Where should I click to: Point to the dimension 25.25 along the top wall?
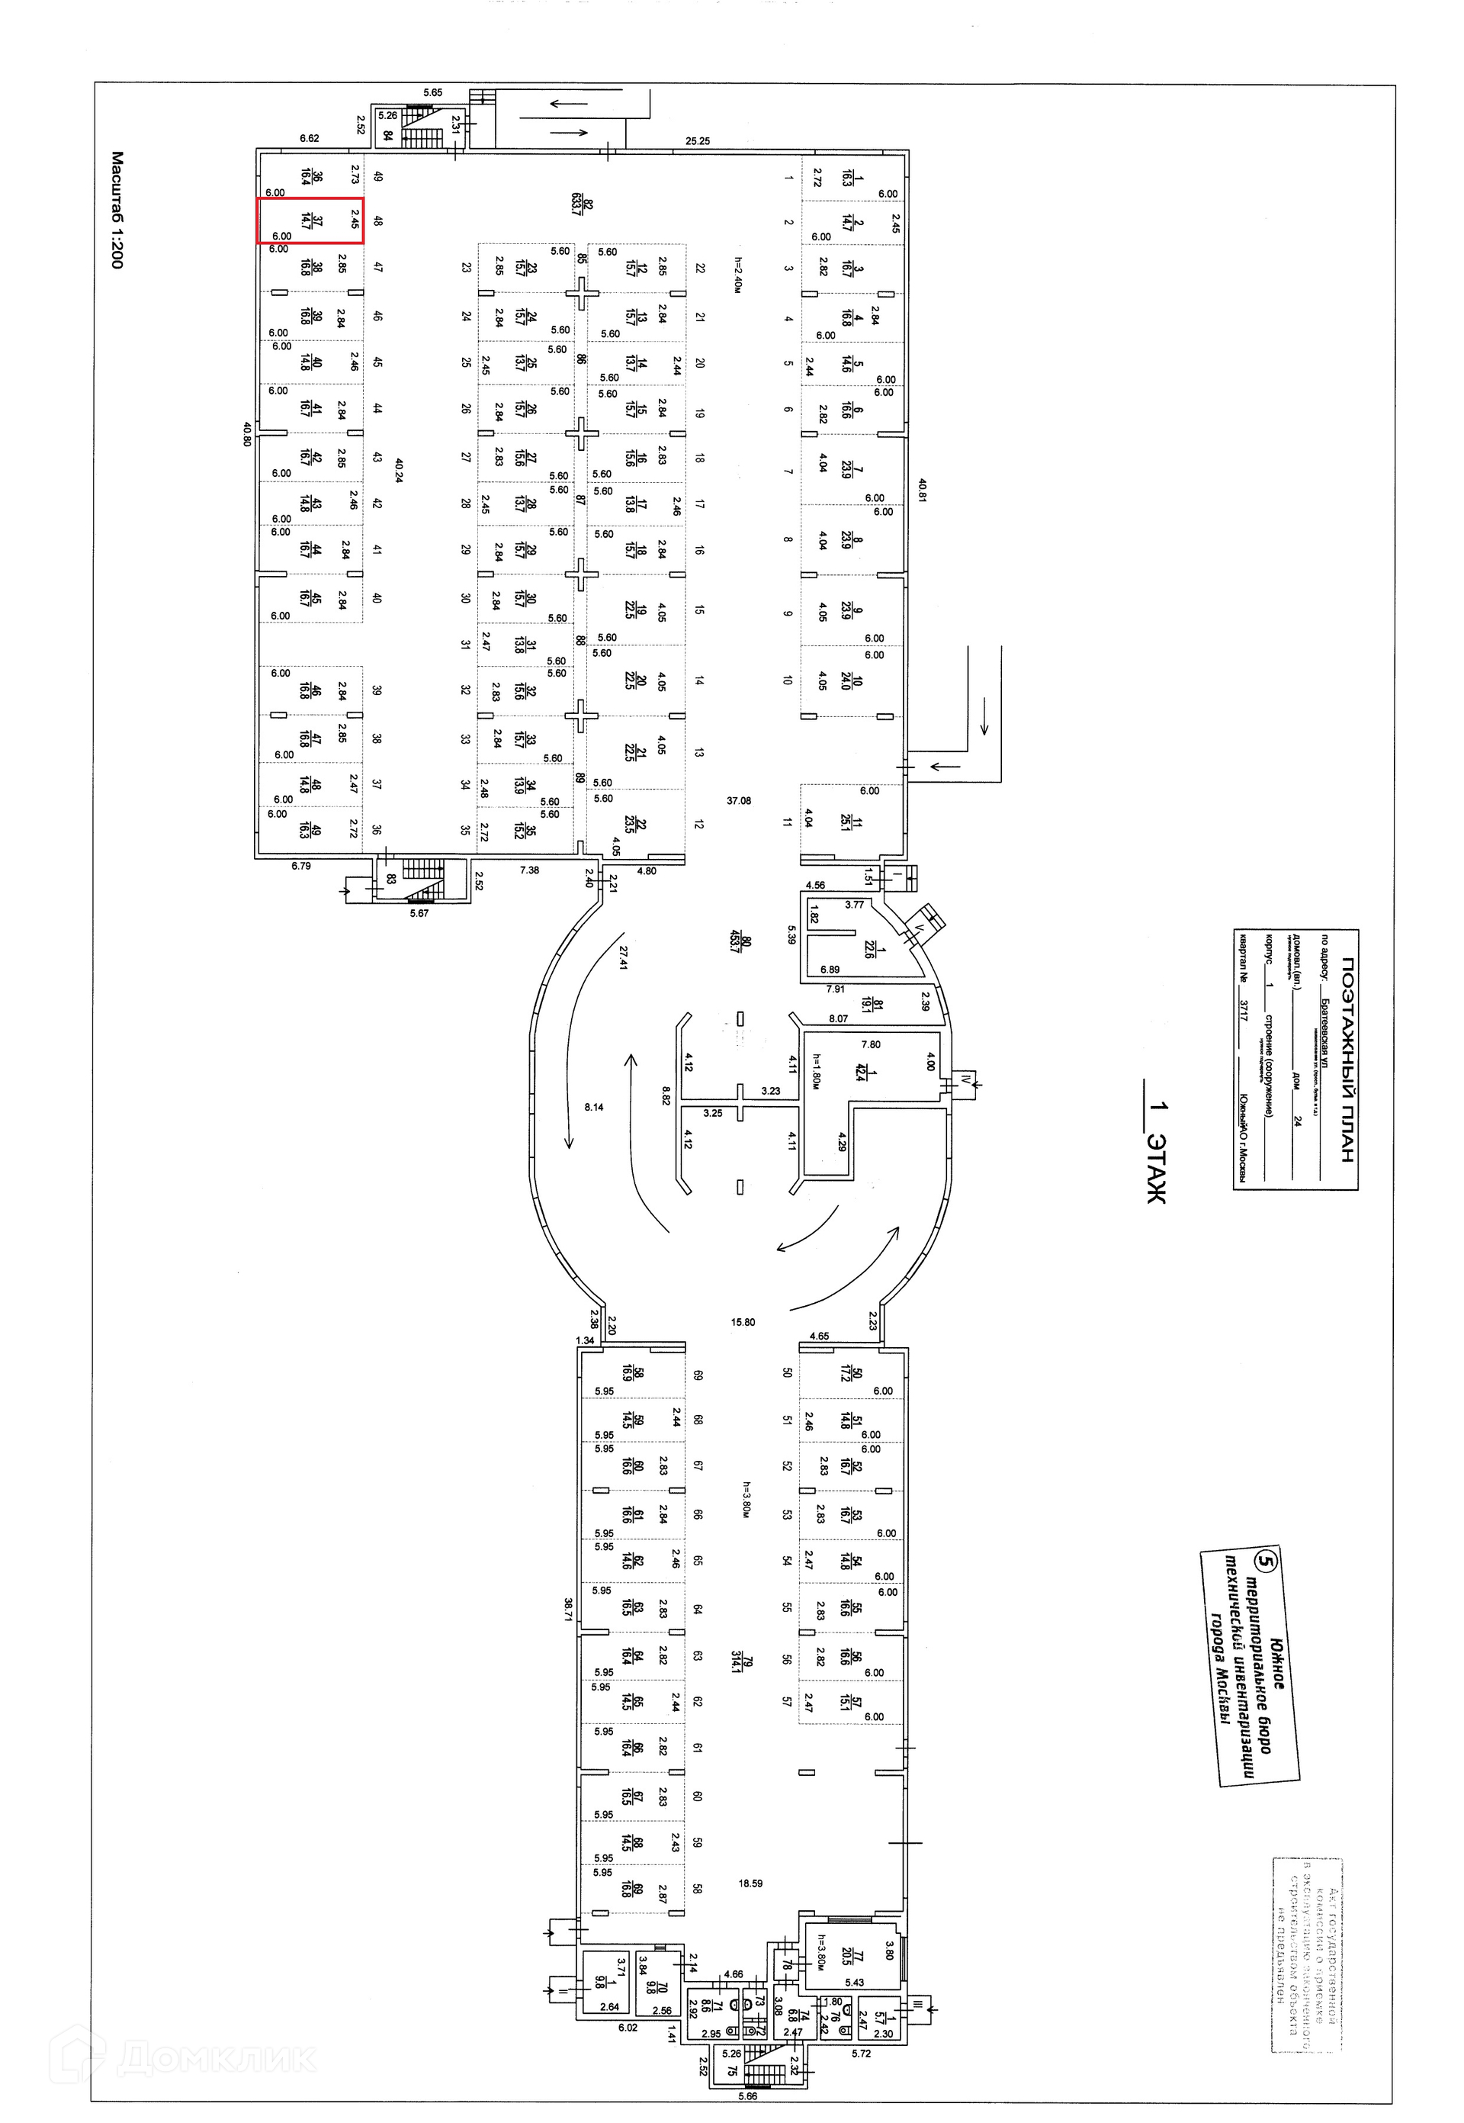coord(698,141)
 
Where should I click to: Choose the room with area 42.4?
coord(859,1072)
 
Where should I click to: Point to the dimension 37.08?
coord(738,801)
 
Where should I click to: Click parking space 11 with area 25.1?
coord(846,821)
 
